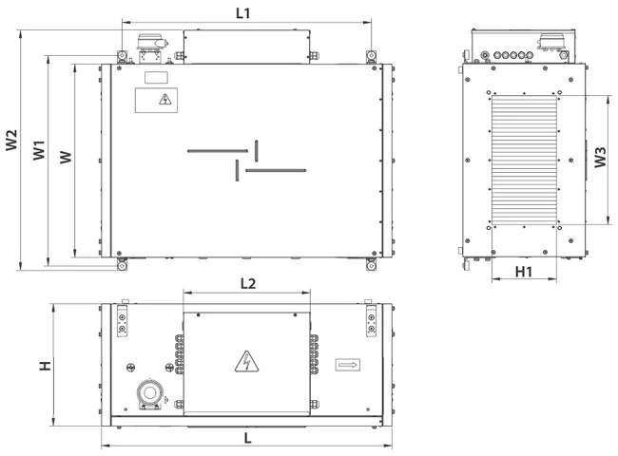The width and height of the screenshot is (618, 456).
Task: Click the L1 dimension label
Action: click(243, 13)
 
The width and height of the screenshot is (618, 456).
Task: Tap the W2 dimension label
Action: click(11, 140)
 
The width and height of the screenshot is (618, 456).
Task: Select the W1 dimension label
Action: click(39, 150)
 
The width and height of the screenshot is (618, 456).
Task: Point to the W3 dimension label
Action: click(600, 157)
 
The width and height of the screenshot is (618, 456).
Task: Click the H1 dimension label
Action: click(524, 272)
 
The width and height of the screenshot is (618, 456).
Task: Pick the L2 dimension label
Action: click(248, 283)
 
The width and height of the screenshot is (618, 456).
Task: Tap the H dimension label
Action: click(46, 366)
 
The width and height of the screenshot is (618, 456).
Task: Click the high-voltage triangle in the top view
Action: click(165, 99)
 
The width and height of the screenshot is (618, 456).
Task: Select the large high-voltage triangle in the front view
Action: click(247, 362)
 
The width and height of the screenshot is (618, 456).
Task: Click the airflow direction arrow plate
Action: click(348, 365)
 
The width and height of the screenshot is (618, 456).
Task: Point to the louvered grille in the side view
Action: click(524, 161)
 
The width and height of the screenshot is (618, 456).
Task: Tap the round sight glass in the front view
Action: click(150, 392)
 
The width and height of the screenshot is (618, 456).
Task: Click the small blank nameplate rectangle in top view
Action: click(156, 78)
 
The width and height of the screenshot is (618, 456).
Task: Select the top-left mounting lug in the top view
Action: click(123, 56)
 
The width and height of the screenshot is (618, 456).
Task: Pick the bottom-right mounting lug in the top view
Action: click(371, 265)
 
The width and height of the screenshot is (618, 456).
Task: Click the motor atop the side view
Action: click(551, 42)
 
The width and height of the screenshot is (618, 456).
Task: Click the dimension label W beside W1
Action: click(66, 157)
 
